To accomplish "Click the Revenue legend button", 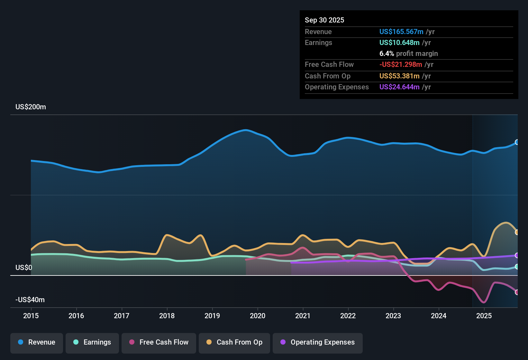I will [x=37, y=342].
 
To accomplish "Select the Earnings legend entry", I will [x=92, y=342].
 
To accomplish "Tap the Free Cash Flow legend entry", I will [x=159, y=342].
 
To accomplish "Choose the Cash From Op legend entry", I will [x=234, y=342].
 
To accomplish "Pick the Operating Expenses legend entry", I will [x=318, y=342].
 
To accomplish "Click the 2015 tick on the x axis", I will [x=31, y=316].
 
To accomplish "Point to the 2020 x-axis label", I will [x=258, y=316].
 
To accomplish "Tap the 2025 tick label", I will [x=484, y=316].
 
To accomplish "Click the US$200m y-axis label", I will [x=31, y=107].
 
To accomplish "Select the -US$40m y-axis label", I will [x=30, y=300].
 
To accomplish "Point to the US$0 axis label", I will [x=24, y=268].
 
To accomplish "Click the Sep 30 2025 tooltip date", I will [x=324, y=20].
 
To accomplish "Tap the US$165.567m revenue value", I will [x=401, y=32].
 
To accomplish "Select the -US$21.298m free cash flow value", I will [x=400, y=65].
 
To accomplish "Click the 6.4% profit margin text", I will [x=408, y=54].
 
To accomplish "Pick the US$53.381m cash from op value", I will [x=399, y=76].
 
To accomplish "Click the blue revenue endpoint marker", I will [x=517, y=142].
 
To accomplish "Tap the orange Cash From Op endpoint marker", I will [x=517, y=232].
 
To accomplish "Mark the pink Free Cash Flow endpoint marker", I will [x=517, y=292].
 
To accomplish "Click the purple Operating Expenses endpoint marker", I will [x=517, y=256].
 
